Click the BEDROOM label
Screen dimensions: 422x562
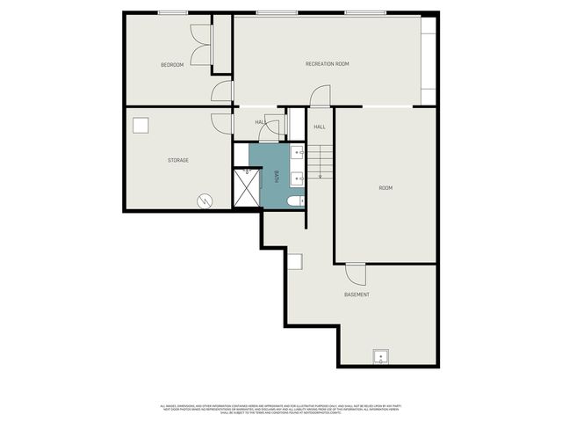(x=172, y=65)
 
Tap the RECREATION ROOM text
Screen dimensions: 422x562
(x=328, y=64)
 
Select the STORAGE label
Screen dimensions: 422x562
(x=178, y=160)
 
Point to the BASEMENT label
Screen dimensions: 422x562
(x=357, y=295)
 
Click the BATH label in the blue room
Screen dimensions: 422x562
(x=277, y=176)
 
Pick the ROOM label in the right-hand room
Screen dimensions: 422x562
(x=385, y=188)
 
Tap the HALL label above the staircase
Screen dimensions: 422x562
(x=320, y=127)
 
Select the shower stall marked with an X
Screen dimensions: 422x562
(x=246, y=187)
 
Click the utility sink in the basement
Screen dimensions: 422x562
(x=381, y=357)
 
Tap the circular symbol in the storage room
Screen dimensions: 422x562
(x=205, y=200)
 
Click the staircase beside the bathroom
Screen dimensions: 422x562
(x=320, y=161)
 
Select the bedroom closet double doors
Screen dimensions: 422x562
(x=201, y=45)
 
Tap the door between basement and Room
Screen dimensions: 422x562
(x=355, y=273)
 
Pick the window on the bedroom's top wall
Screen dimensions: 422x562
(x=172, y=12)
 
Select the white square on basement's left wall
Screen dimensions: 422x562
(x=296, y=261)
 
